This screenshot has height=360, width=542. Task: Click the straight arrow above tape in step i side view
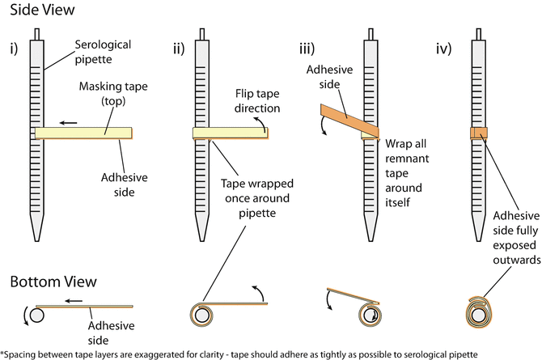tap(72, 123)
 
